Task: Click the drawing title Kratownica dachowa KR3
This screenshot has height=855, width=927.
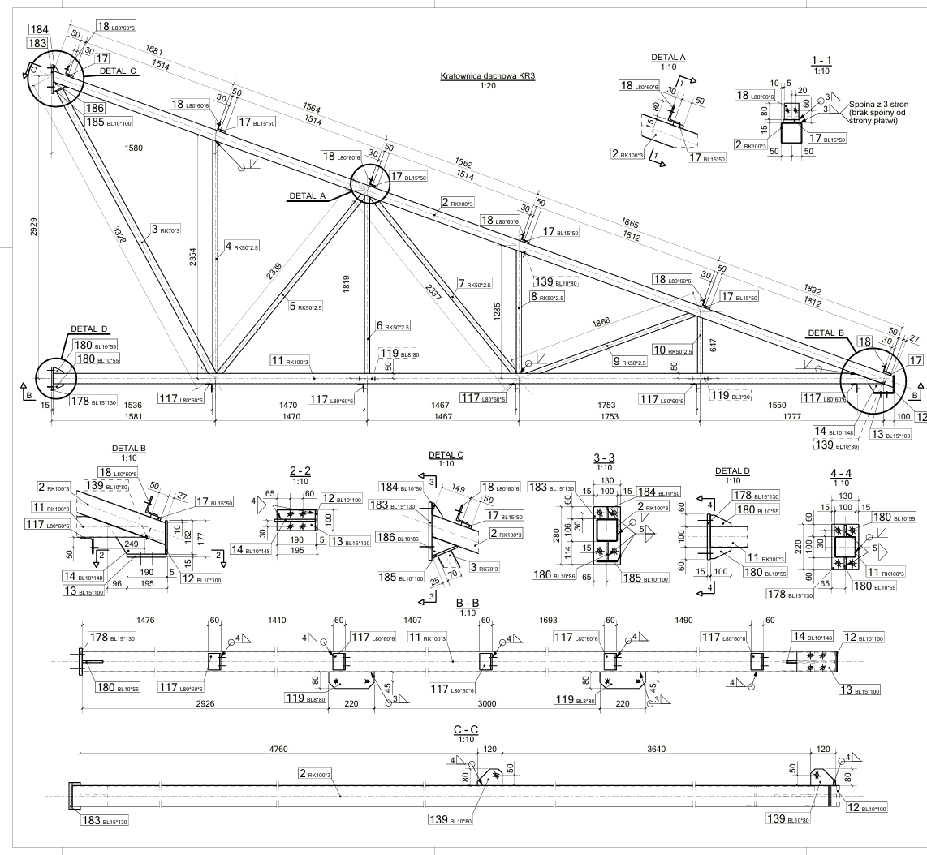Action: (x=489, y=76)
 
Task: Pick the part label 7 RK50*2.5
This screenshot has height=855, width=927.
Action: (x=474, y=284)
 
